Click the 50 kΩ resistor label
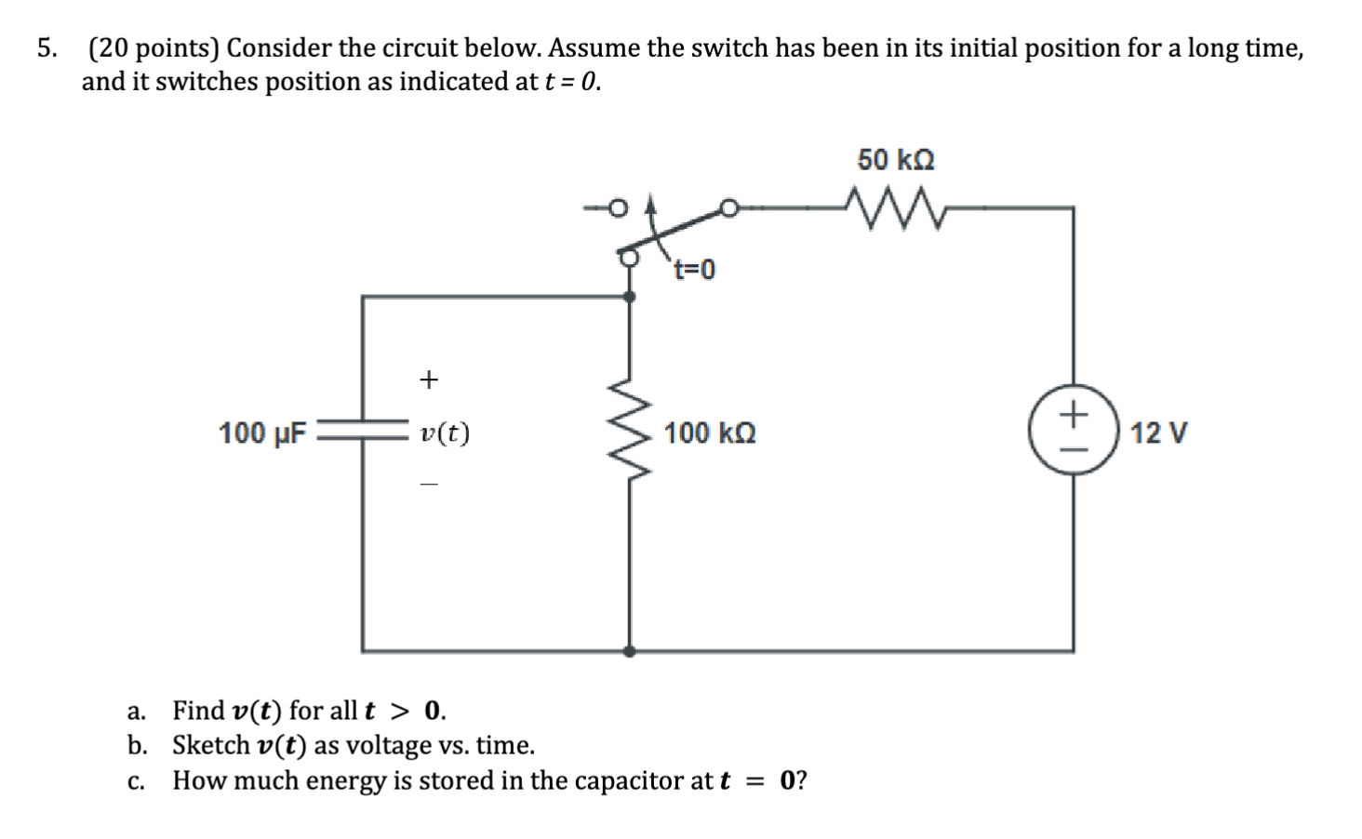[895, 160]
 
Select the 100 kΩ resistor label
[710, 433]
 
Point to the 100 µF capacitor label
[262, 433]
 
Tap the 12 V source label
[1158, 433]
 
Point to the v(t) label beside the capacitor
[445, 433]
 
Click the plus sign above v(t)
[427, 380]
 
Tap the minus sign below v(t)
[427, 485]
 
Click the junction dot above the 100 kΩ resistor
[629, 297]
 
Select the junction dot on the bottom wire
[629, 651]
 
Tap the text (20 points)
[153, 48]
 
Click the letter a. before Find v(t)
[137, 712]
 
